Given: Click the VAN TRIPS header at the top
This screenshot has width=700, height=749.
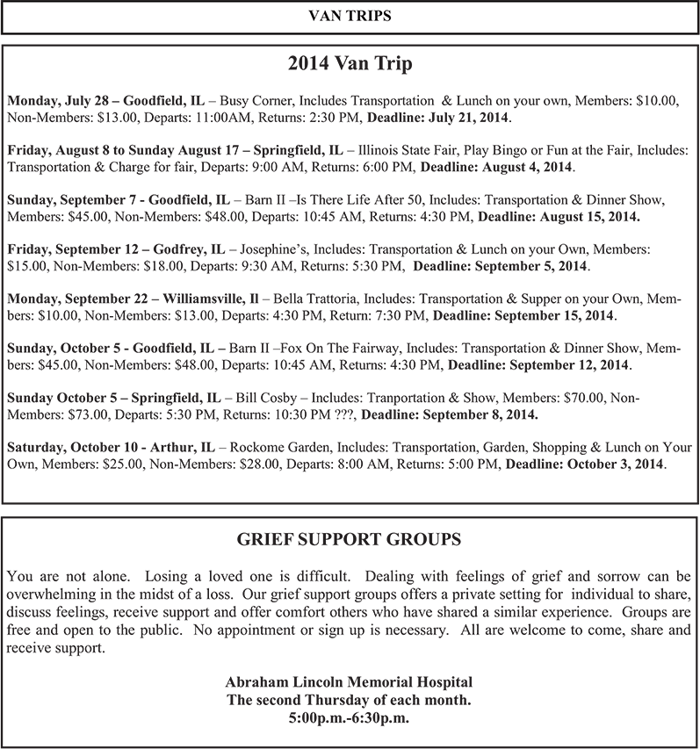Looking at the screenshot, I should coord(350,16).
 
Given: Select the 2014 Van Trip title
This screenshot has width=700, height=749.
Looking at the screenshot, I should coord(350,64).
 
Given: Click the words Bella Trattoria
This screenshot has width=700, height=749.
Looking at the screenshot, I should coord(336,299).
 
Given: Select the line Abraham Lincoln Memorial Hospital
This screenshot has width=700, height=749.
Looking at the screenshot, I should coord(350,682).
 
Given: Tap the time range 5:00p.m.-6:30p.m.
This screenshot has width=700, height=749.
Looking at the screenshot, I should coord(350,717).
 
